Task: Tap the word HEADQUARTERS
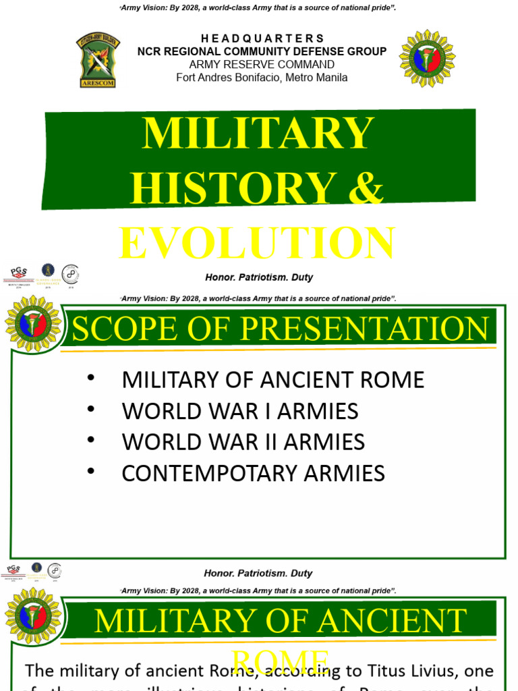(x=262, y=38)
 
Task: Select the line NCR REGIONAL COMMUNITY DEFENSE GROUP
(x=262, y=51)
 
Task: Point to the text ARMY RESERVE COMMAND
(x=262, y=65)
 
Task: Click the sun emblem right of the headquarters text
(x=427, y=59)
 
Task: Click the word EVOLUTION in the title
(x=258, y=243)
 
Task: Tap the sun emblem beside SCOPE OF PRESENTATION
(x=33, y=324)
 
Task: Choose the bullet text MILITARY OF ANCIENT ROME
(x=272, y=380)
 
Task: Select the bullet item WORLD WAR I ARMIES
(x=239, y=411)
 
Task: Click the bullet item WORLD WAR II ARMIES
(x=243, y=442)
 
